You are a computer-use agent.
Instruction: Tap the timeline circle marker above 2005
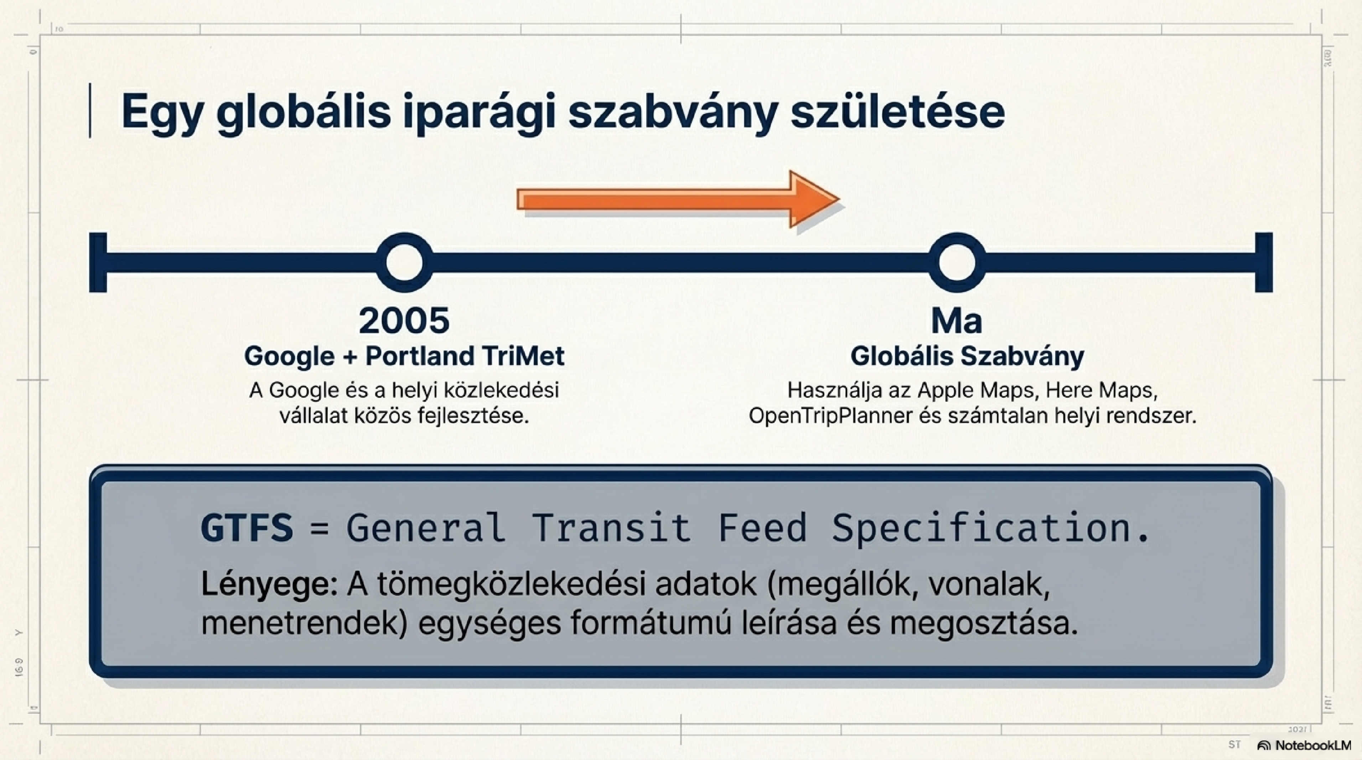[x=404, y=262]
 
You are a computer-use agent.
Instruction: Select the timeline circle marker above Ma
[x=957, y=262]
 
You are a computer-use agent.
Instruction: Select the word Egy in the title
[x=162, y=113]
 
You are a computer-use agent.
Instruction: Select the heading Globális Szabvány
[x=967, y=356]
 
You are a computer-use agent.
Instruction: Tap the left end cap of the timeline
[x=98, y=262]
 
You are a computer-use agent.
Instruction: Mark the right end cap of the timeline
[x=1264, y=262]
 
